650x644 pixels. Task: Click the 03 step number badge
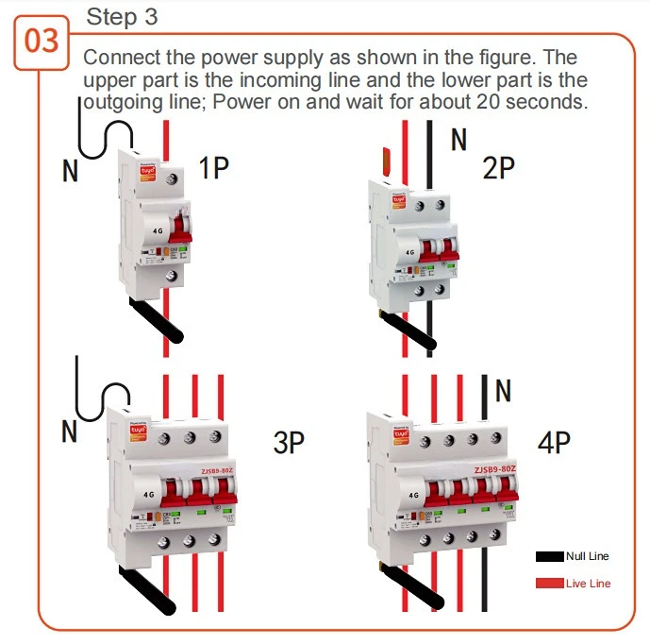point(41,42)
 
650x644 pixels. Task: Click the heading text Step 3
point(122,16)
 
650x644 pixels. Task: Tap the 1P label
point(214,168)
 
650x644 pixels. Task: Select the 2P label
point(497,168)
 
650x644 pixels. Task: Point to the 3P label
point(289,442)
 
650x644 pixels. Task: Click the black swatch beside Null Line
point(549,557)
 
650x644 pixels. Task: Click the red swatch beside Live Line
point(549,584)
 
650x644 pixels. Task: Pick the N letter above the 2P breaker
point(458,141)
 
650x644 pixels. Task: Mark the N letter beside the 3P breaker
point(70,432)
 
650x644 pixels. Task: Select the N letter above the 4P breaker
point(503,390)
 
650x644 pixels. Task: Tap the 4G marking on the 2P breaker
point(409,253)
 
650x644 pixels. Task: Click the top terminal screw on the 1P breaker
point(172,177)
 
